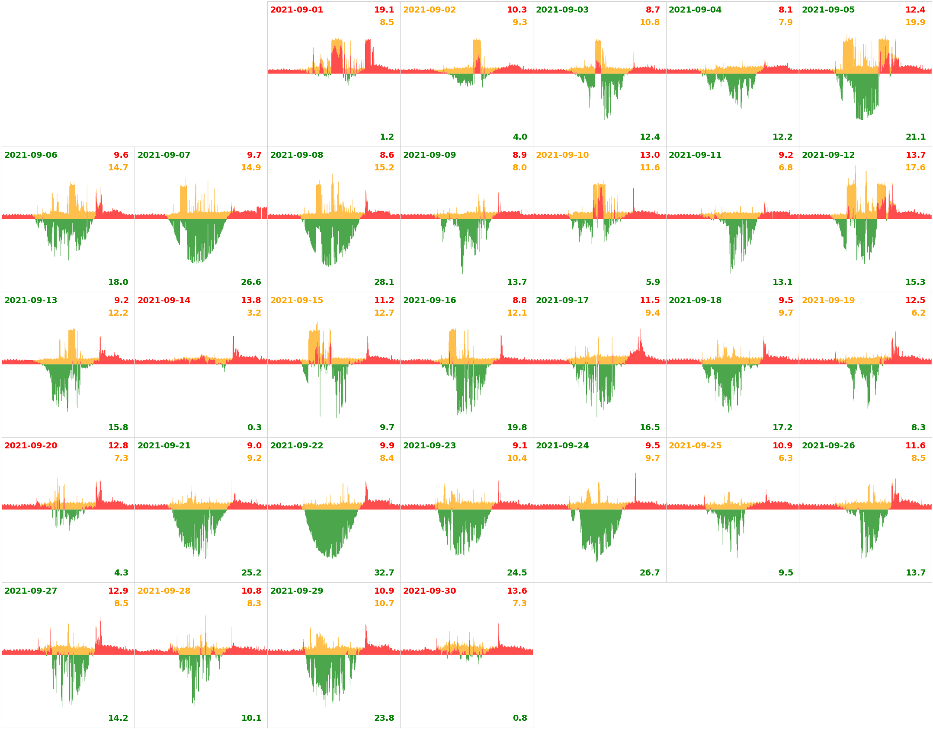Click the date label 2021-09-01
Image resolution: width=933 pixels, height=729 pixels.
click(296, 10)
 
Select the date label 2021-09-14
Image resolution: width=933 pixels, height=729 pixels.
click(164, 301)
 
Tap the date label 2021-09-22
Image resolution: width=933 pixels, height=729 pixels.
click(296, 446)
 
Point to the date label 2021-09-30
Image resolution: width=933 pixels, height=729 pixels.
click(429, 591)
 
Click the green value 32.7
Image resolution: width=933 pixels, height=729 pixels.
click(384, 573)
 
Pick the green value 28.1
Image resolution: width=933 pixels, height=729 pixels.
click(384, 282)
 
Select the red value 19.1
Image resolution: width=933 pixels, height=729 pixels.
click(384, 10)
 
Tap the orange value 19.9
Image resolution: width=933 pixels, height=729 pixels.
click(915, 22)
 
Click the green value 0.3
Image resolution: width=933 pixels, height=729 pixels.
click(254, 428)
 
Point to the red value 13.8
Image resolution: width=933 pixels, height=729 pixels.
click(251, 301)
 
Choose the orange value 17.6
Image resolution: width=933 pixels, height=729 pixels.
click(915, 168)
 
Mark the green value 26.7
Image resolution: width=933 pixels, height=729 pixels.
click(649, 573)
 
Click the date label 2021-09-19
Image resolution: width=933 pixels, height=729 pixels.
click(828, 301)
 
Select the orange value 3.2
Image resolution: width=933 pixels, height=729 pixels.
click(254, 313)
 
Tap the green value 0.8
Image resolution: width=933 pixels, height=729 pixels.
click(519, 718)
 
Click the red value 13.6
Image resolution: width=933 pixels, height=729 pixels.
click(516, 591)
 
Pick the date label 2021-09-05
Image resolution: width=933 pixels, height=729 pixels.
click(828, 10)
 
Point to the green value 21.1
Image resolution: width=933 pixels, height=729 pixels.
click(915, 137)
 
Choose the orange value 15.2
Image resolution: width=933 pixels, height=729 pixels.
click(384, 168)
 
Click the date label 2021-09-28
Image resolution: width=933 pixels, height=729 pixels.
click(164, 591)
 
